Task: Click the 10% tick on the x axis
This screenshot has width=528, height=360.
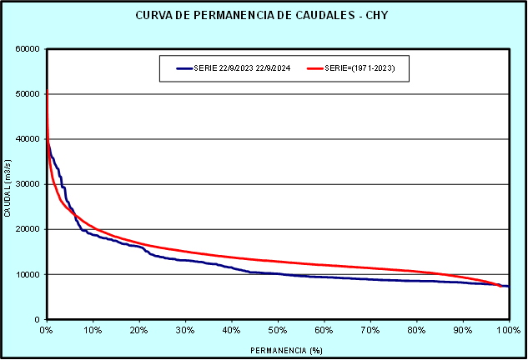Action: point(93,330)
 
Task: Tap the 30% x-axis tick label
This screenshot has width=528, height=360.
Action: point(185,330)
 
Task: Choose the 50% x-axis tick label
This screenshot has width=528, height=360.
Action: point(278,330)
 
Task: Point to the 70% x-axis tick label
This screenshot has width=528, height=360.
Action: point(370,330)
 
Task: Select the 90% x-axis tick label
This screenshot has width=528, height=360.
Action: point(463,330)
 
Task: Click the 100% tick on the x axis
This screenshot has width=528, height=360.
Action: point(507,330)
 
